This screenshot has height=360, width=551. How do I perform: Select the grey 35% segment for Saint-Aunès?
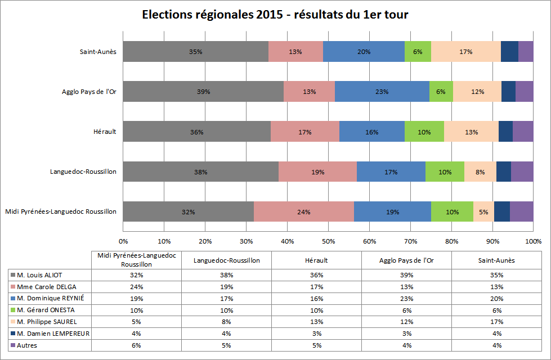tap(195, 51)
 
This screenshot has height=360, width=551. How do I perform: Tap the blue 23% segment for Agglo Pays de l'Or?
tap(382, 92)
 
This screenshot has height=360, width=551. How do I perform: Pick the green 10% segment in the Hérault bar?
tap(424, 132)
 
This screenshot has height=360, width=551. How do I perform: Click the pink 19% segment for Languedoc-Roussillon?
tap(317, 172)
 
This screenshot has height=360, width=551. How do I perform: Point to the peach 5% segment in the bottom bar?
tap(483, 212)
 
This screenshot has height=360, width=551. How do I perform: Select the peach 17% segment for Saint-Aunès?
tap(465, 51)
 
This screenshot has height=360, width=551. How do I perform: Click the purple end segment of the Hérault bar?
tap(523, 132)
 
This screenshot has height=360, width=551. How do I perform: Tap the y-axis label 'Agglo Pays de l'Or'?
tap(89, 92)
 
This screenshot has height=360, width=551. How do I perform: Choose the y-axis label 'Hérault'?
tap(105, 132)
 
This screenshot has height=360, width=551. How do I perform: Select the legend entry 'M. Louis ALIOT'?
tap(40, 275)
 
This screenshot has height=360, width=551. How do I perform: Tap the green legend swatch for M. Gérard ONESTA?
tap(12, 310)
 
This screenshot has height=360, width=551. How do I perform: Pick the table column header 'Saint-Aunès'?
tap(496, 260)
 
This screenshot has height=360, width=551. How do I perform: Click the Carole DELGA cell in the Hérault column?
tap(316, 287)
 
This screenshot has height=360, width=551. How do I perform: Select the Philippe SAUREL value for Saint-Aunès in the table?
tap(496, 322)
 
